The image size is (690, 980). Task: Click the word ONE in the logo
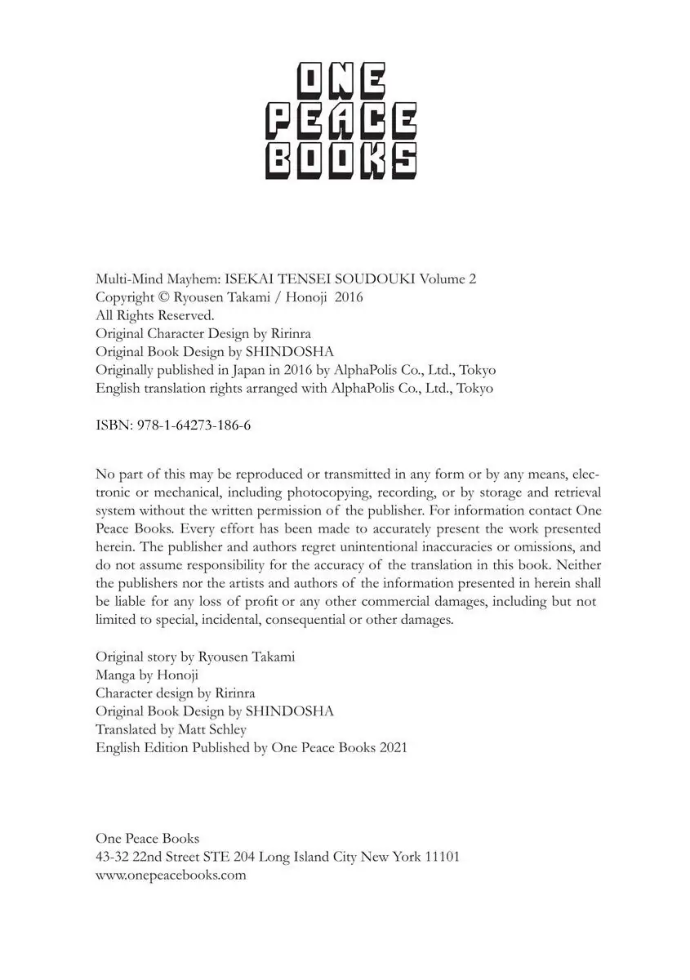pos(344,82)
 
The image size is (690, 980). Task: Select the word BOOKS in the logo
pos(344,161)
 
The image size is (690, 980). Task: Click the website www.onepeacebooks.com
pos(171,875)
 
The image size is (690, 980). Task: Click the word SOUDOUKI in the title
pos(379,278)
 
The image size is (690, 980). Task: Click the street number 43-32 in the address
pos(113,857)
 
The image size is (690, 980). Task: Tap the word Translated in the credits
pos(126,729)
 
